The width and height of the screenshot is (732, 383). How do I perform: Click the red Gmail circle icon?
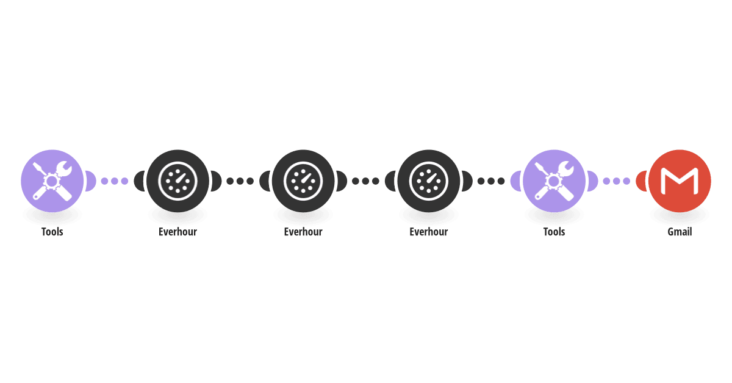click(x=680, y=181)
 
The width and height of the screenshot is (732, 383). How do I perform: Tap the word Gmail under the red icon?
click(x=680, y=232)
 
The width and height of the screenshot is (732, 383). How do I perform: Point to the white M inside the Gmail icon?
click(x=680, y=181)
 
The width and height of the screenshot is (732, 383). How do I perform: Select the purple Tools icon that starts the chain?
click(x=52, y=181)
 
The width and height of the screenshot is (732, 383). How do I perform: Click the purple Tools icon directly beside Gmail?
click(x=554, y=181)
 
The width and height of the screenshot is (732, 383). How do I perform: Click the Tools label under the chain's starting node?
click(x=52, y=232)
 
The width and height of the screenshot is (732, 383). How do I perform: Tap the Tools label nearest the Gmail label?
click(x=554, y=232)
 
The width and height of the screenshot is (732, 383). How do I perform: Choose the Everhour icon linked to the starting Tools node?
click(x=178, y=181)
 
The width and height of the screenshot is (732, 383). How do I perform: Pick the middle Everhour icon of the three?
click(x=303, y=181)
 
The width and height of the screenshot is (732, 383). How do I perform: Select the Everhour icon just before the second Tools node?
click(x=428, y=181)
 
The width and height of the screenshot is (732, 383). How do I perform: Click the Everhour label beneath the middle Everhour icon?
click(x=303, y=232)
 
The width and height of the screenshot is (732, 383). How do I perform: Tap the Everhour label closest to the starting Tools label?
click(x=178, y=232)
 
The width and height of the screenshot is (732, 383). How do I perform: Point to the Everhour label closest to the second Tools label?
click(x=428, y=232)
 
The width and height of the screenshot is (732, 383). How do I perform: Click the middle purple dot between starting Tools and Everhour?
click(x=115, y=181)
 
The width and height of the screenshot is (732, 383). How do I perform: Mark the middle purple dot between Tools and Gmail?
click(x=616, y=181)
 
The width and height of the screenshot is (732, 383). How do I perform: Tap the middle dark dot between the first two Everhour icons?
click(x=240, y=181)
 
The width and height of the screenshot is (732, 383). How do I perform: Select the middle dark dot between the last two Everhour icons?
click(x=365, y=181)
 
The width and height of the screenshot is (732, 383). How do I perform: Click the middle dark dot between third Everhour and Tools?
click(x=491, y=181)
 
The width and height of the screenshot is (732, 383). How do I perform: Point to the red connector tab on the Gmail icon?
click(x=641, y=181)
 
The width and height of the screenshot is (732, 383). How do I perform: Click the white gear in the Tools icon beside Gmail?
click(x=553, y=181)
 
